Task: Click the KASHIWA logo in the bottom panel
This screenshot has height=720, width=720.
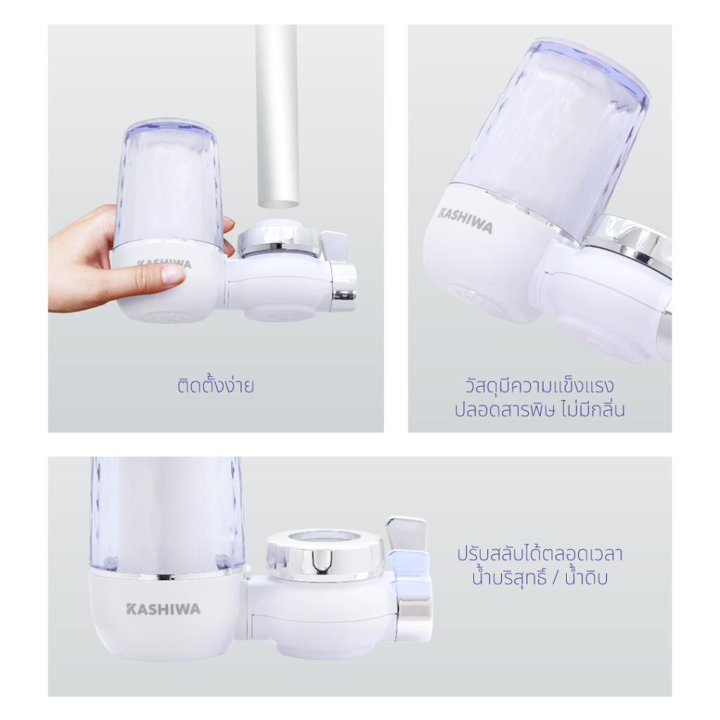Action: coord(163,609)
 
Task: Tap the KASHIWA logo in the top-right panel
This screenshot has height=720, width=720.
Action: coord(465,220)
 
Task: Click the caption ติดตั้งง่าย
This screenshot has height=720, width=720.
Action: coord(216,385)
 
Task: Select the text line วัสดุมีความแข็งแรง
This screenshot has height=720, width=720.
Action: coord(539,385)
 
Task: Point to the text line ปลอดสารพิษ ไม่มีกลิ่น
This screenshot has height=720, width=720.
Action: coord(539,409)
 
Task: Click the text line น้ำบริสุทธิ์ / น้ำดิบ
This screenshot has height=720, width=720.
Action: coord(539,577)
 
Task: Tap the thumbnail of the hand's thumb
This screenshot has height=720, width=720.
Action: coord(173,276)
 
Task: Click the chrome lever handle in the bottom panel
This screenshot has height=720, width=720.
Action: coord(406,534)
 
